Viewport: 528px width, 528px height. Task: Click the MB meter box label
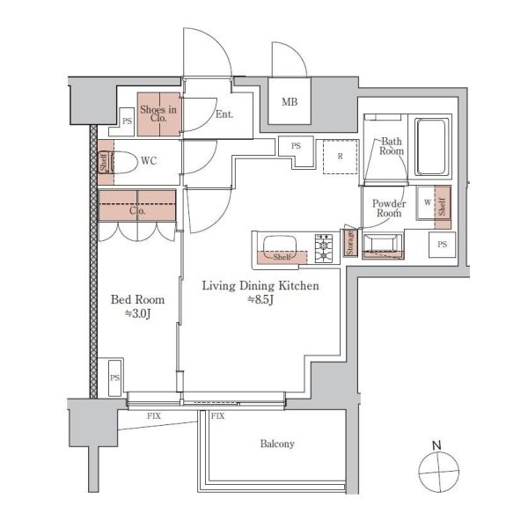(290, 101)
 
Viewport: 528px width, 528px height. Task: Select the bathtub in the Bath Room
(431, 146)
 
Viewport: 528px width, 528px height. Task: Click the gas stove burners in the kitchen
(324, 248)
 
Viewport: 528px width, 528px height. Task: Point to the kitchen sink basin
(280, 246)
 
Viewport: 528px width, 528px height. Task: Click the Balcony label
(277, 444)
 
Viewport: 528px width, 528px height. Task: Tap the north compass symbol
(438, 469)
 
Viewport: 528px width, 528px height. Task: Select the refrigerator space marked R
(340, 157)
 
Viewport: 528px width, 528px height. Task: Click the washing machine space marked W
(427, 202)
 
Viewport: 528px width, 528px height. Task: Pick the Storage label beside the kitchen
(350, 243)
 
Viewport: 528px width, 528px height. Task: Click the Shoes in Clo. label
(158, 114)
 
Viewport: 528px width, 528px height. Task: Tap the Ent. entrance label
(224, 114)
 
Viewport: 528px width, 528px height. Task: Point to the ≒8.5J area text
(260, 299)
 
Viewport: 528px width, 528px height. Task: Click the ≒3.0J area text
(137, 314)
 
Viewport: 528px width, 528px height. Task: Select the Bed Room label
(138, 299)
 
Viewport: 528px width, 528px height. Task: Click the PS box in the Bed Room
(114, 378)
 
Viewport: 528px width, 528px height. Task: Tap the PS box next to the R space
(296, 146)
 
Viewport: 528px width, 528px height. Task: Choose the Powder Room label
(389, 208)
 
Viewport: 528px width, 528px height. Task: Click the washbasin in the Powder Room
(383, 246)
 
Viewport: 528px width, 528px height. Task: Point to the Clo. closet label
(137, 211)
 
